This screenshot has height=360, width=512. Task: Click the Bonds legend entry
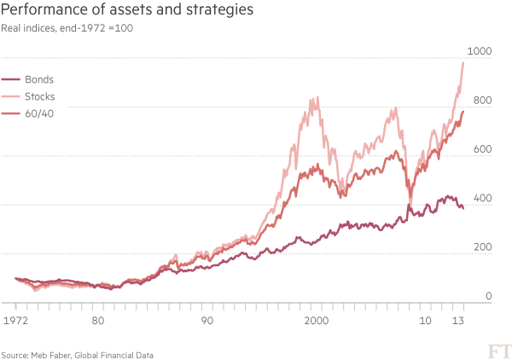tap(39, 78)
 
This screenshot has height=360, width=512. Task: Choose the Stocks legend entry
tap(41, 96)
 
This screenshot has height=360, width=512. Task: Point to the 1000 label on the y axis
tap(483, 51)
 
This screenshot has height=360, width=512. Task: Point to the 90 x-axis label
tap(207, 322)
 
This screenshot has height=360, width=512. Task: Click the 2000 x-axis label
tap(316, 322)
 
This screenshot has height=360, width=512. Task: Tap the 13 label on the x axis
tap(459, 322)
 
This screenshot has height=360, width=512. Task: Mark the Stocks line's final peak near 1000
tap(463, 63)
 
